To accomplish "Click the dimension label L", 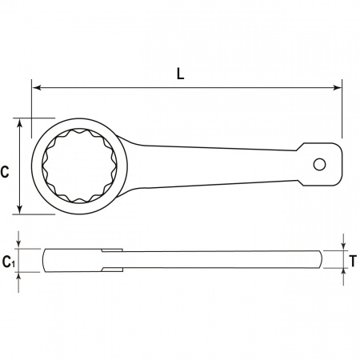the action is point(181,74).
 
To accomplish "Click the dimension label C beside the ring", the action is point(5,172).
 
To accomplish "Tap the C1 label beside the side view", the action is point(9,262).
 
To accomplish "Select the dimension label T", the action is point(353,261).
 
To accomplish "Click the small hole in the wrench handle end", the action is point(319,165).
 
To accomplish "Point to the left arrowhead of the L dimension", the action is point(37,87).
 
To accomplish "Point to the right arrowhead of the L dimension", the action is point(337,87).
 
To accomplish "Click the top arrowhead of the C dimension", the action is point(19,123).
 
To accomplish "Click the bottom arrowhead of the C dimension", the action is point(19,209).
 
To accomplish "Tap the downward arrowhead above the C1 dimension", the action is point(18,244).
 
